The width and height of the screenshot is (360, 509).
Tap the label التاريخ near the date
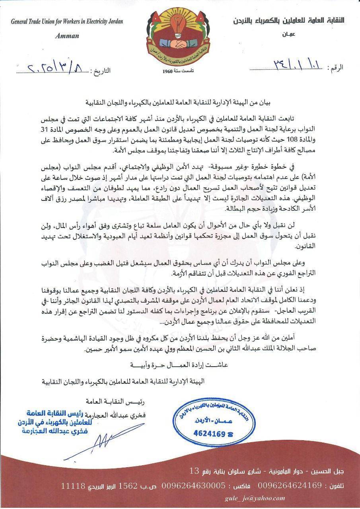(100, 72)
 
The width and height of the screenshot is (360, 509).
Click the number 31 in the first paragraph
(337, 129)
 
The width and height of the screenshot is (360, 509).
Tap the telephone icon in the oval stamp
(230, 434)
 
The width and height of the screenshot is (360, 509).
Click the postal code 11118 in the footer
(73, 486)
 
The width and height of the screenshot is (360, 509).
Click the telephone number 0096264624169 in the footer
(290, 486)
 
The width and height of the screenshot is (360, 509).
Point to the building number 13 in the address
(194, 471)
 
